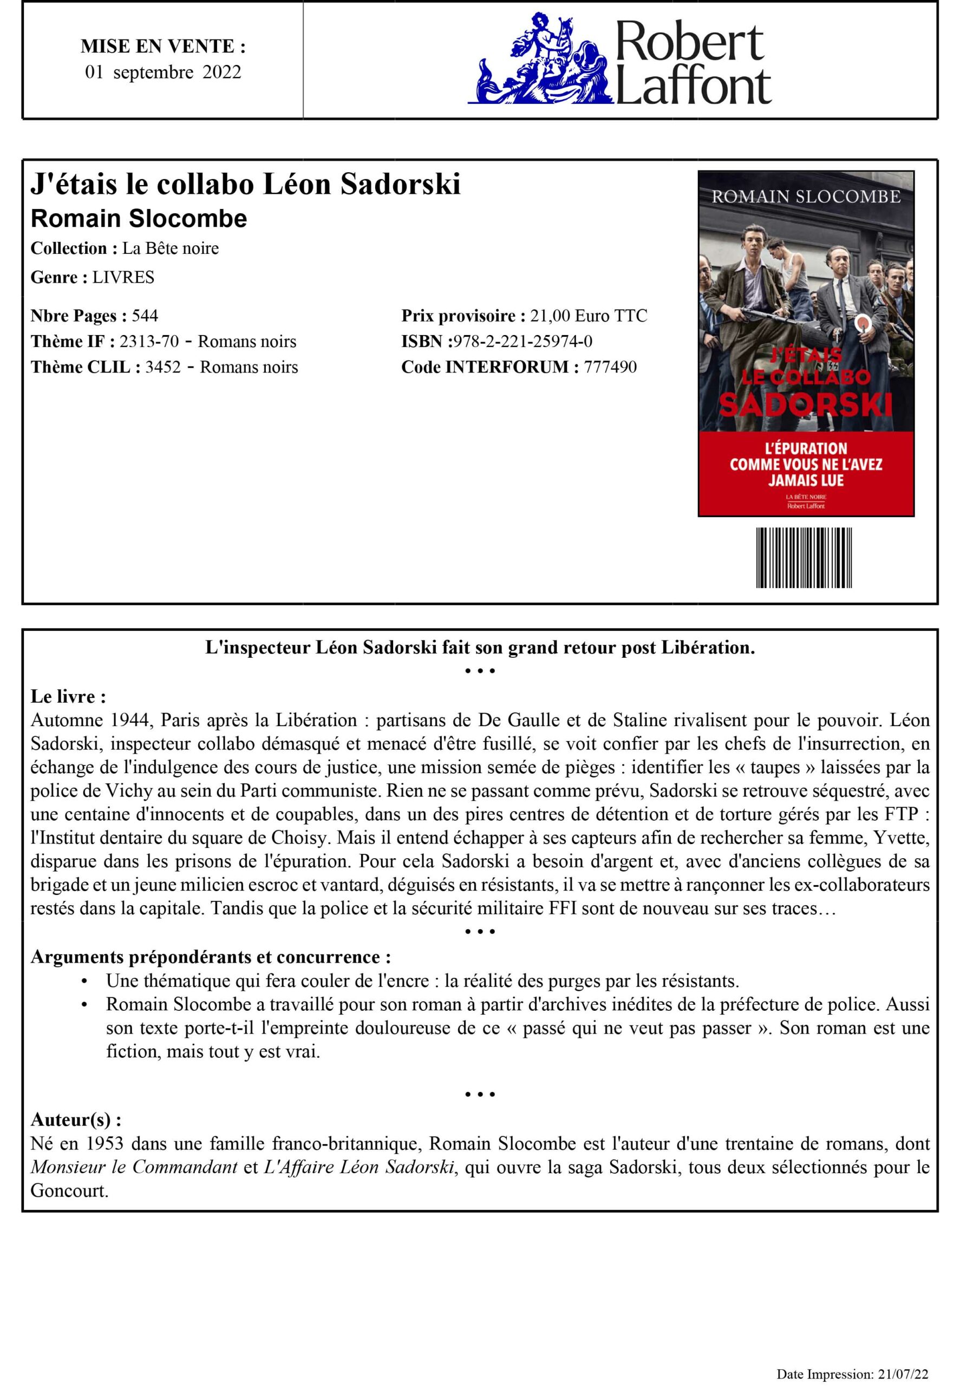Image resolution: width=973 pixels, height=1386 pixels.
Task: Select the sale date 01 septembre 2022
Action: [163, 73]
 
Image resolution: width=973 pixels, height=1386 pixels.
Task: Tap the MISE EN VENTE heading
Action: [163, 47]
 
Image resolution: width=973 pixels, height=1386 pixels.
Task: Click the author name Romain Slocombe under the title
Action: [139, 219]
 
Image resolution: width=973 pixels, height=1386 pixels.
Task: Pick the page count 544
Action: [145, 316]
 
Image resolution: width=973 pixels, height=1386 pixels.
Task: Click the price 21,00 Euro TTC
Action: [588, 316]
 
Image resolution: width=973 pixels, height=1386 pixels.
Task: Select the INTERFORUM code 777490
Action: [610, 367]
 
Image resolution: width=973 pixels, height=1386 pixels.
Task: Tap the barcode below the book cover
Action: [804, 558]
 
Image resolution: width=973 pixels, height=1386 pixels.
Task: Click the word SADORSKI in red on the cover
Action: [805, 405]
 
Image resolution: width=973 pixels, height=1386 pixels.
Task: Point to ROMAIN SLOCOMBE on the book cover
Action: [806, 197]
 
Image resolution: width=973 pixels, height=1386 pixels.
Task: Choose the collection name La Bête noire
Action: [170, 248]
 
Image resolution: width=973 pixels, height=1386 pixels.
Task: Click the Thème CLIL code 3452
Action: [162, 367]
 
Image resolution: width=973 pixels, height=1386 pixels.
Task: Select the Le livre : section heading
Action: [69, 697]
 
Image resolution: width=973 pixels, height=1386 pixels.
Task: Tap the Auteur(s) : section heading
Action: [76, 1120]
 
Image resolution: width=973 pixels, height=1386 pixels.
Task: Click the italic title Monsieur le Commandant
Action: [134, 1167]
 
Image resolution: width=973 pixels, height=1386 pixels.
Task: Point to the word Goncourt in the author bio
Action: [69, 1191]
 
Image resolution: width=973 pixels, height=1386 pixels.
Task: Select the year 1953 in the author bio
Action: [105, 1143]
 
